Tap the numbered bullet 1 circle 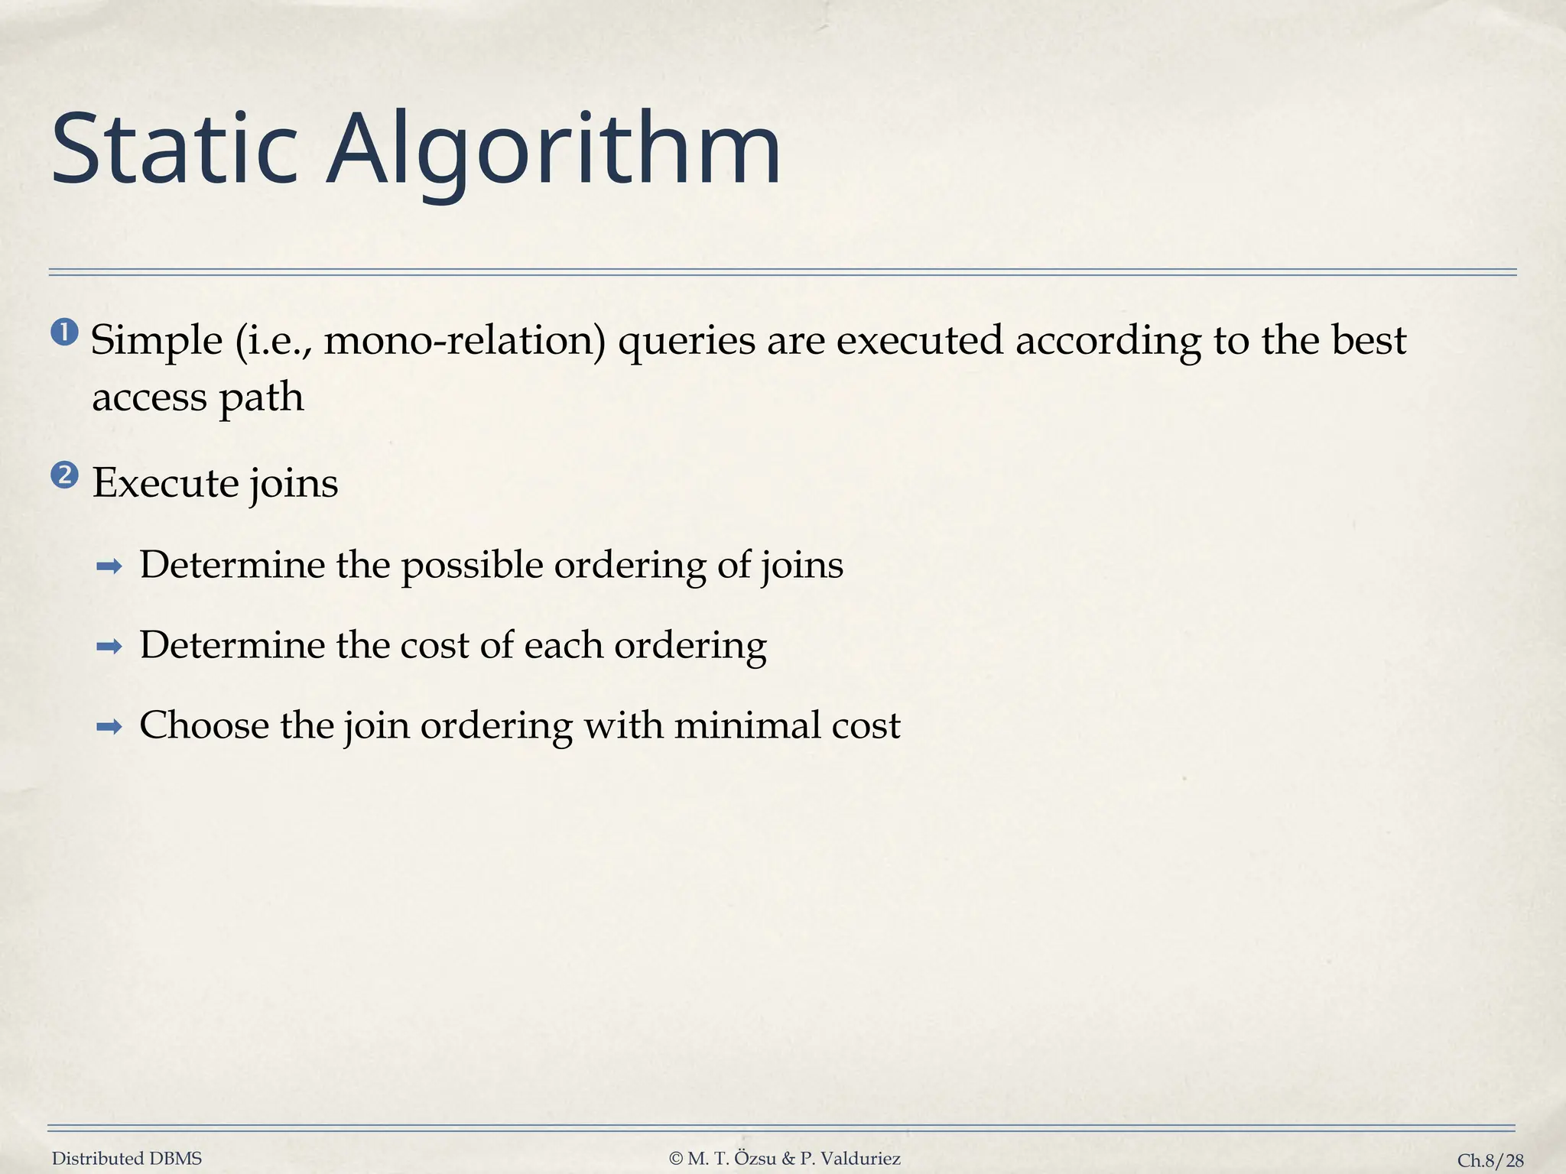pyautogui.click(x=65, y=333)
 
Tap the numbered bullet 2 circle pyautogui.click(x=65, y=476)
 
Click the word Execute pyautogui.click(x=165, y=483)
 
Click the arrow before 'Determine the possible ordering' pyautogui.click(x=109, y=567)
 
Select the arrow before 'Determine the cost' pyautogui.click(x=109, y=647)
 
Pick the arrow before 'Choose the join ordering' pyautogui.click(x=109, y=728)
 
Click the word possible pyautogui.click(x=472, y=566)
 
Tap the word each pyautogui.click(x=564, y=646)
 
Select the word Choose pyautogui.click(x=203, y=725)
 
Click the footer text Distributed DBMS pyautogui.click(x=127, y=1159)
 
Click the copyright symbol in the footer pyautogui.click(x=675, y=1159)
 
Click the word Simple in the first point pyautogui.click(x=157, y=341)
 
